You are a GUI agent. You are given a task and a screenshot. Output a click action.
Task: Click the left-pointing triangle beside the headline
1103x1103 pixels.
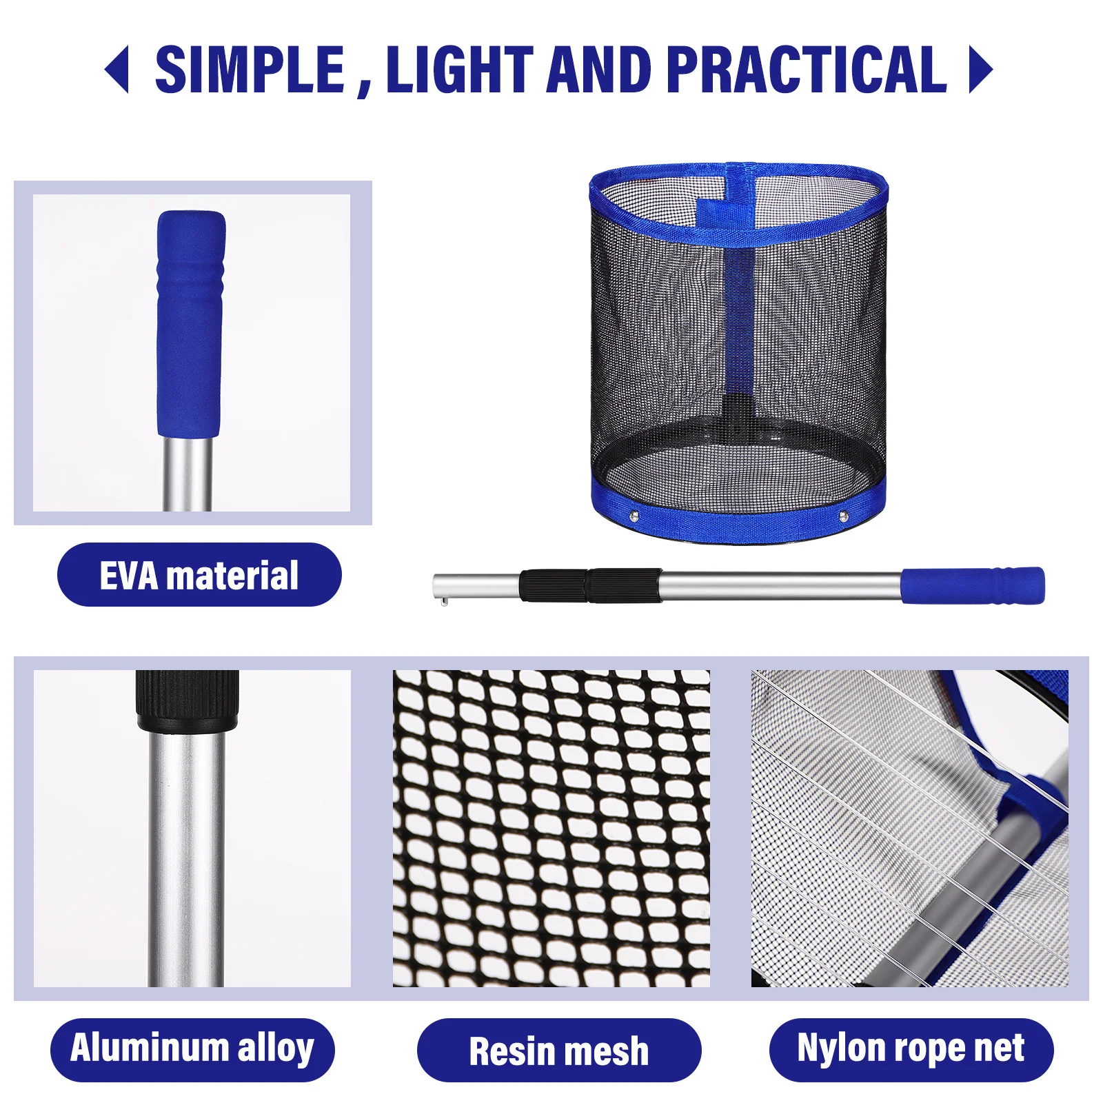pyautogui.click(x=118, y=69)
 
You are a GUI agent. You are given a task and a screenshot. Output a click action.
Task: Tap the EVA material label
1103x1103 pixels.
pyautogui.click(x=199, y=575)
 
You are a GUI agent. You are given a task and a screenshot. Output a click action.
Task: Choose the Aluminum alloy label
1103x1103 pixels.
pyautogui.click(x=192, y=1049)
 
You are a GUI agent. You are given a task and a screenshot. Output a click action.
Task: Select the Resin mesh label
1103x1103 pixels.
pyautogui.click(x=558, y=1051)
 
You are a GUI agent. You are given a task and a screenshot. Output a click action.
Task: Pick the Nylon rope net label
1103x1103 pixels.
pyautogui.click(x=911, y=1049)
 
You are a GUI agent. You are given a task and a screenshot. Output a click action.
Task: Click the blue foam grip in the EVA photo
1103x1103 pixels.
pyautogui.click(x=190, y=324)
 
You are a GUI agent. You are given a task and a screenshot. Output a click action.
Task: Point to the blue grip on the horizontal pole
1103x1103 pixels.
pyautogui.click(x=972, y=586)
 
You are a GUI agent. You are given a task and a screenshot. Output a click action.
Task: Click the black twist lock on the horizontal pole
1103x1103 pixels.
pyautogui.click(x=590, y=585)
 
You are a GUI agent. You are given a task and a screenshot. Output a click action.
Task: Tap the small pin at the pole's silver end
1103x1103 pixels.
pyautogui.click(x=445, y=603)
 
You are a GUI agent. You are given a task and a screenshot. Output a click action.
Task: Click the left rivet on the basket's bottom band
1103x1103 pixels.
pyautogui.click(x=634, y=515)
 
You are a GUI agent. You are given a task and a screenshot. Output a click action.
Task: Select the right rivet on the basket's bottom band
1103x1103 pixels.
pyautogui.click(x=843, y=516)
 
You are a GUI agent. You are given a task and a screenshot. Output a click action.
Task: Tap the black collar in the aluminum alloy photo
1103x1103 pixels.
pyautogui.click(x=187, y=700)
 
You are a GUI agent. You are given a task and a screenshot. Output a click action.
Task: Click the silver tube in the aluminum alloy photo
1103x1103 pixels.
pyautogui.click(x=186, y=862)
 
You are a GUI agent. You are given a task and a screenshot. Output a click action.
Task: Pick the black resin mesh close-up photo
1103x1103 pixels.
pyautogui.click(x=551, y=828)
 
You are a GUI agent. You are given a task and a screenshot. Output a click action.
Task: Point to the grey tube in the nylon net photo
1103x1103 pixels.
pyautogui.click(x=965, y=896)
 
